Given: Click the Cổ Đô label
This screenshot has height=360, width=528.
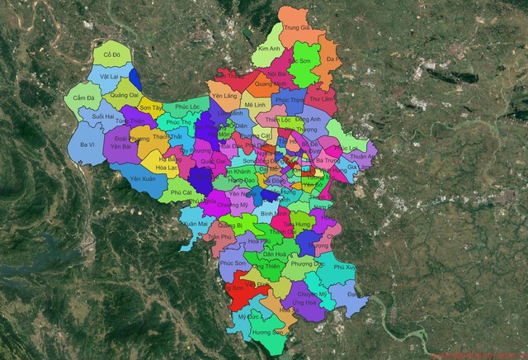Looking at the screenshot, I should point(112,54).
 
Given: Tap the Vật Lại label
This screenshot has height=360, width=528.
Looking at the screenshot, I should point(110,76).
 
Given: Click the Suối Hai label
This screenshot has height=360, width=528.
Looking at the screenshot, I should point(104,117).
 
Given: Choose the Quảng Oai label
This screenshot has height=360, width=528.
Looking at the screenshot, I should point(124,95).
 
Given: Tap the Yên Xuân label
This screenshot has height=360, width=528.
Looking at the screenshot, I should point(143,178).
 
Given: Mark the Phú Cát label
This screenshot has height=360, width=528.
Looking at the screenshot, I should point(181,192).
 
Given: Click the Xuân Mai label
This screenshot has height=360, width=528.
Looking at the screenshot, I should point(196,224).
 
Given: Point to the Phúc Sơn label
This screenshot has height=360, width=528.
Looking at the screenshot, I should point(235,263).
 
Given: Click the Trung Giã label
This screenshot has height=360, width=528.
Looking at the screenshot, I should point(296,27).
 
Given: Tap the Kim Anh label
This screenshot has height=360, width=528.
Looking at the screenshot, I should point(269,49).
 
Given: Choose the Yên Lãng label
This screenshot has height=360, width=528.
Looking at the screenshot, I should point(224,96).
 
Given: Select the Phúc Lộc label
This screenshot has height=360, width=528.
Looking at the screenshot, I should point(187,107).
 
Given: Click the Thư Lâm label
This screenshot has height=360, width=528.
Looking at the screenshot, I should point(323,98).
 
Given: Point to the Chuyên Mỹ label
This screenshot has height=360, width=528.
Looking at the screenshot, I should point(312,294).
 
